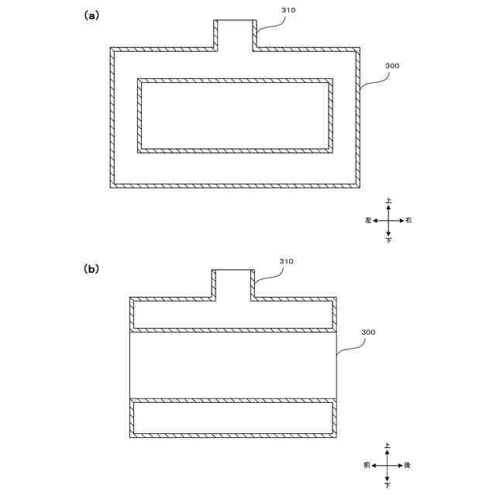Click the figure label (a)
coord(91,15)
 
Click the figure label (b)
coord(91,269)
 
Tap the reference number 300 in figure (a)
coord(392,66)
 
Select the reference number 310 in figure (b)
coord(287,261)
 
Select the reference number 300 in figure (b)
coord(368,332)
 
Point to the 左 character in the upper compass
coord(368,221)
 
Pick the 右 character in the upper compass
coord(408,221)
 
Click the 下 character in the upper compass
coord(388,241)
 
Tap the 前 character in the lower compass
coord(367,466)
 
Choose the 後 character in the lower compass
coord(408,466)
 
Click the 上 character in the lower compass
coord(387,446)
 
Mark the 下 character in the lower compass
coord(387,485)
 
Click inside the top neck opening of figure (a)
coord(235,35)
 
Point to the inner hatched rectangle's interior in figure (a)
coord(235,115)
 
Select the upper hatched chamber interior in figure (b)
coord(232,315)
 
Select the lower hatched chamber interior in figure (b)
coord(232,418)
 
